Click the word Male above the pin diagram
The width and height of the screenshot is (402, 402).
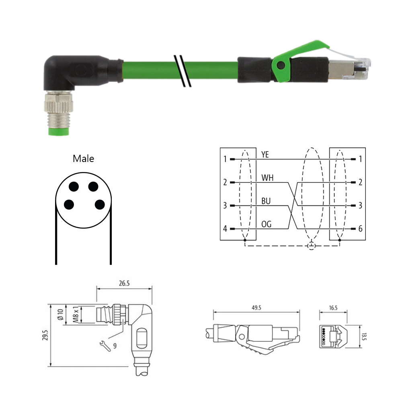(x=83, y=158)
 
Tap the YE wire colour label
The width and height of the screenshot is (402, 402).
(x=265, y=155)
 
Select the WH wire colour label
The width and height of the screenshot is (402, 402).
(x=267, y=178)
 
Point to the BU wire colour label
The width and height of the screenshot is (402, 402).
(x=266, y=201)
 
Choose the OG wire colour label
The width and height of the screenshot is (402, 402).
(x=266, y=224)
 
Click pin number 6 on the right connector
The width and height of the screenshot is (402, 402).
(x=360, y=229)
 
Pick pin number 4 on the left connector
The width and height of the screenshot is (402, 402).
(x=225, y=229)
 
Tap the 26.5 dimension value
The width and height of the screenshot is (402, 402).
(x=124, y=283)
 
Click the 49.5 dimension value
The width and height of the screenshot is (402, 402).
(x=256, y=308)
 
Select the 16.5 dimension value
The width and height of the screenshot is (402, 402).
(x=333, y=308)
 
